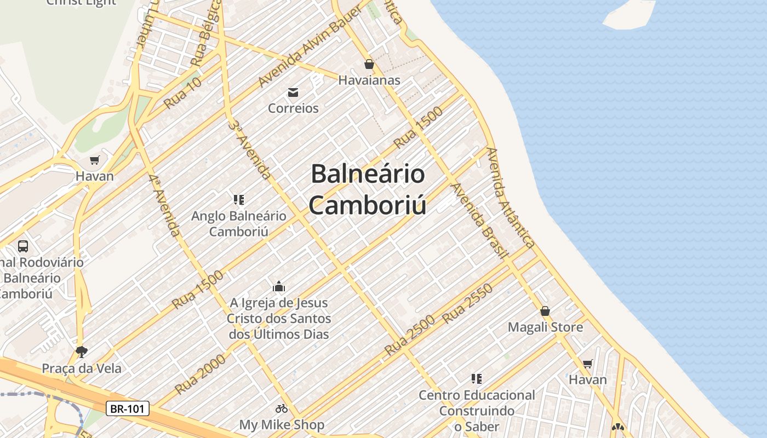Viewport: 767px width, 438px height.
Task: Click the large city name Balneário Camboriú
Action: (368, 189)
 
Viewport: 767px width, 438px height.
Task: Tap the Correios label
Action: (293, 108)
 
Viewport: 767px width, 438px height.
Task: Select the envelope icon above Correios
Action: (293, 91)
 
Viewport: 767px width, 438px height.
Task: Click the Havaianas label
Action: (369, 80)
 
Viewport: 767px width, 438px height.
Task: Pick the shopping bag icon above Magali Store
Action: (545, 311)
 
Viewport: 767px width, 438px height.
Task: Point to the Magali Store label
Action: (545, 327)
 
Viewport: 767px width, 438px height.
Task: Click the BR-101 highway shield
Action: (127, 408)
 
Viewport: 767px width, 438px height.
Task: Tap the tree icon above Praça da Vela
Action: (82, 351)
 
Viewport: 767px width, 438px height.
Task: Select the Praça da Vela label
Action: (82, 368)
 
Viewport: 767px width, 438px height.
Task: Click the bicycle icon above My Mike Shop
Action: (282, 408)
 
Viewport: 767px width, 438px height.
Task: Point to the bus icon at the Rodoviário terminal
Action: (23, 246)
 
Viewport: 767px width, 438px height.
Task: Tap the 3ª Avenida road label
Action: (250, 149)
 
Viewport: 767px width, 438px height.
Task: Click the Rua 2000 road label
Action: (200, 374)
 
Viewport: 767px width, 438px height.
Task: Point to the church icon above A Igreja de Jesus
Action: (279, 286)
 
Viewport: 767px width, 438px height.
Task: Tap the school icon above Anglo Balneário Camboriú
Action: (238, 199)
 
